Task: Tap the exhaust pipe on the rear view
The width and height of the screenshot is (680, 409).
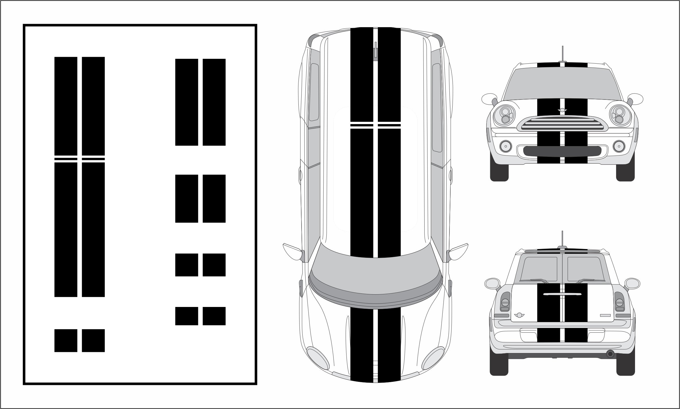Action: coord(610,354)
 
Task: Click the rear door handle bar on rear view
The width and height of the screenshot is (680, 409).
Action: coord(562,294)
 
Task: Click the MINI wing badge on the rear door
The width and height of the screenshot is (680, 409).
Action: coord(519,315)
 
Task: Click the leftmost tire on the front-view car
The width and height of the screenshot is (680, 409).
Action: coord(499,172)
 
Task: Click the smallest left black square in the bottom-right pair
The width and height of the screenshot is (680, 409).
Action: coord(186,316)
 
